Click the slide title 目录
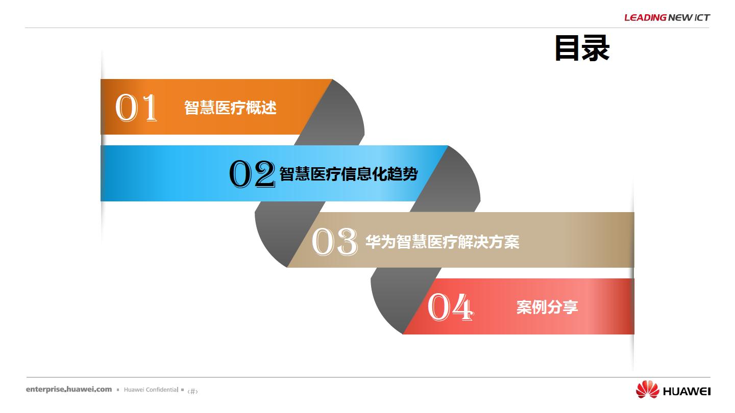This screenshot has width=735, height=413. coord(582,48)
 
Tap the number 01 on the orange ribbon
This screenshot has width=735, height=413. coord(136,108)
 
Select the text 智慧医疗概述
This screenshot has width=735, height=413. coord(230,108)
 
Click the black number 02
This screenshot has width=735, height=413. coord(252,174)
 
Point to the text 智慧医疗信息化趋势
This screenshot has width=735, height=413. coord(349,174)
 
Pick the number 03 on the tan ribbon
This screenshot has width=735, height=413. coord(335,242)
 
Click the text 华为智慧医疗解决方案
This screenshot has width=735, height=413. coord(443,242)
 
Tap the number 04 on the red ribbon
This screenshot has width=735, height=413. coord(450,307)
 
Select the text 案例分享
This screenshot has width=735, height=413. coord(547,307)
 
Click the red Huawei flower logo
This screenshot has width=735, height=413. coord(647,390)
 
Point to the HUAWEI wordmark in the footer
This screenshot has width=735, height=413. coord(687,392)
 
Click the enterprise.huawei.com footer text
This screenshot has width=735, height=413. coord(69,390)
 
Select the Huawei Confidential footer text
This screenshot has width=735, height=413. coord(151,390)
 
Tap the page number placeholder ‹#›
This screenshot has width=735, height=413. coord(192,391)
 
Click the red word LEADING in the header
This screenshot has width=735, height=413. coord(645,18)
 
